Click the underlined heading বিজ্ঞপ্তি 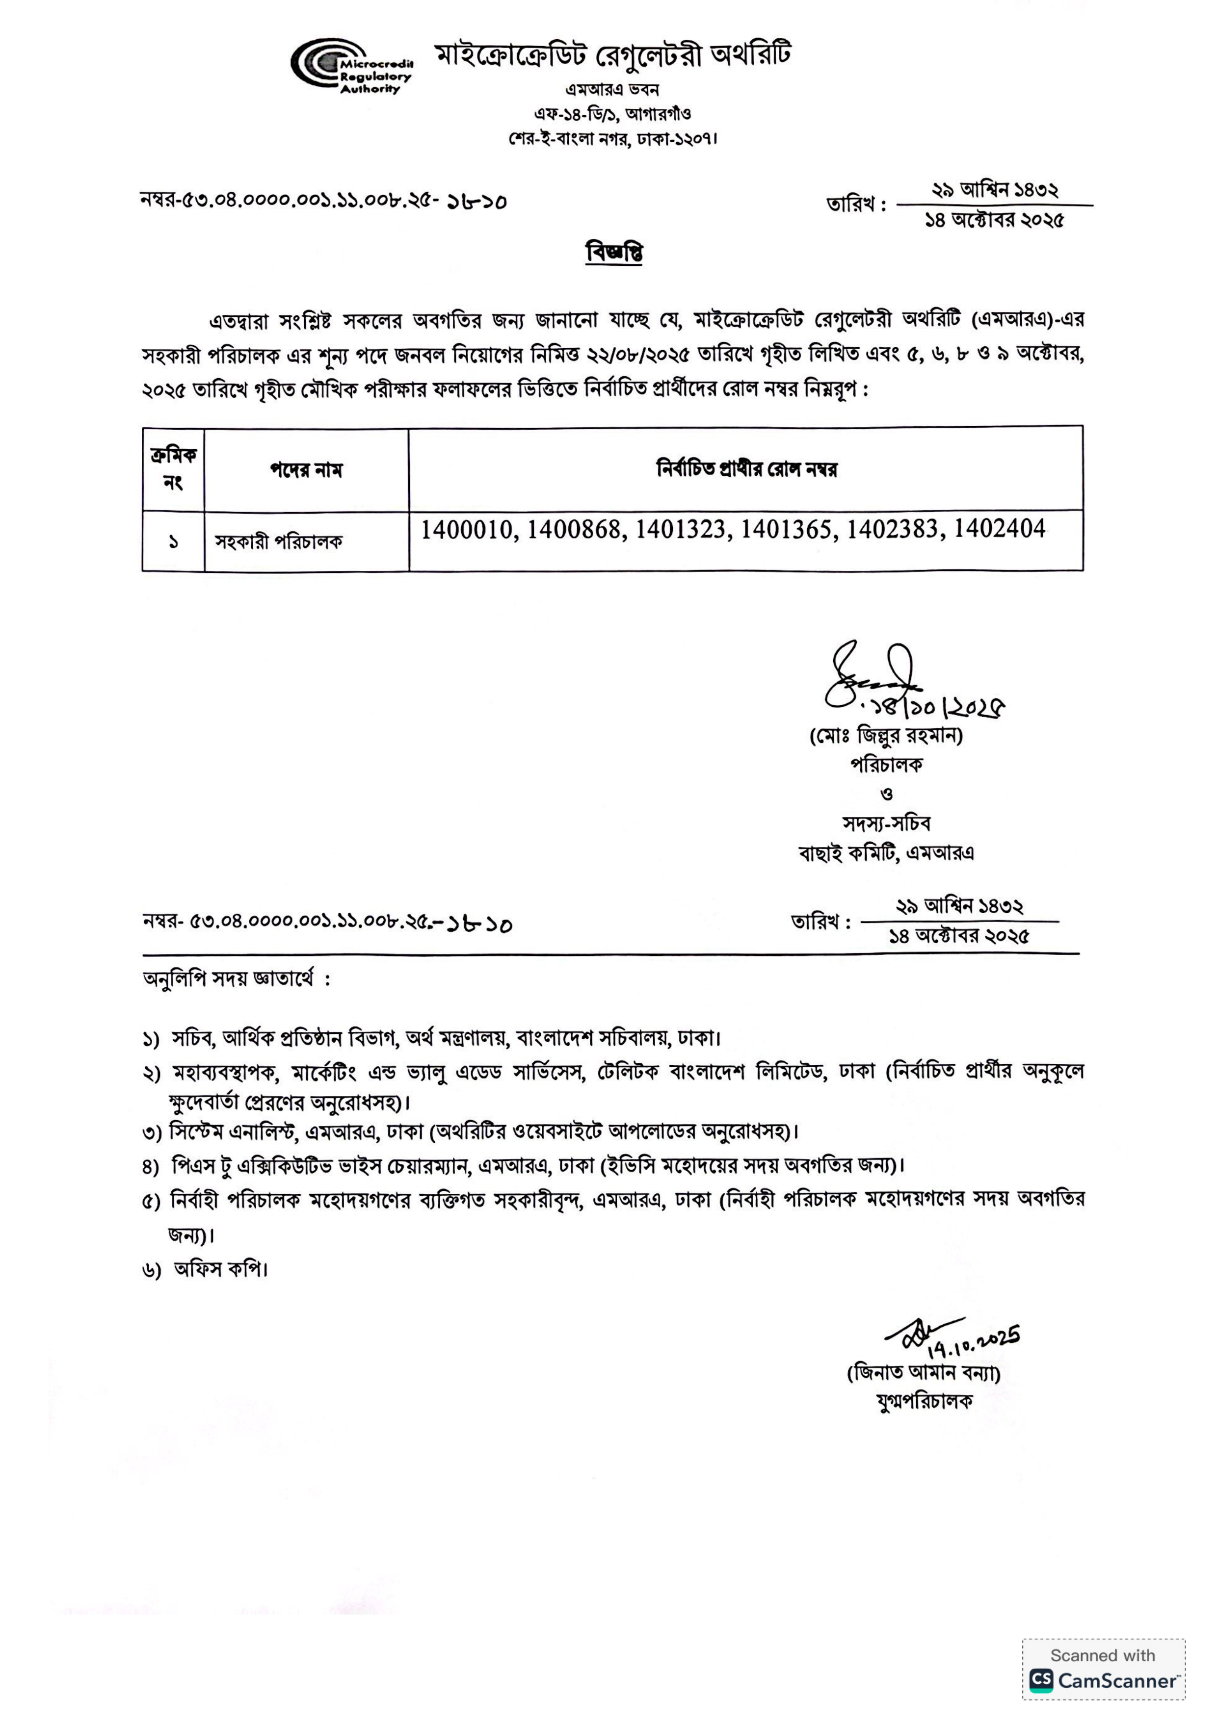point(614,253)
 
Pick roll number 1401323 point(681,530)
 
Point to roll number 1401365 point(787,530)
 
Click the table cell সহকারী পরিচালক point(278,542)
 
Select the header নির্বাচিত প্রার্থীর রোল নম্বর point(746,470)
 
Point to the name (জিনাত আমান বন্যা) point(924,1373)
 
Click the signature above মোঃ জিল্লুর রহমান point(870,677)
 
